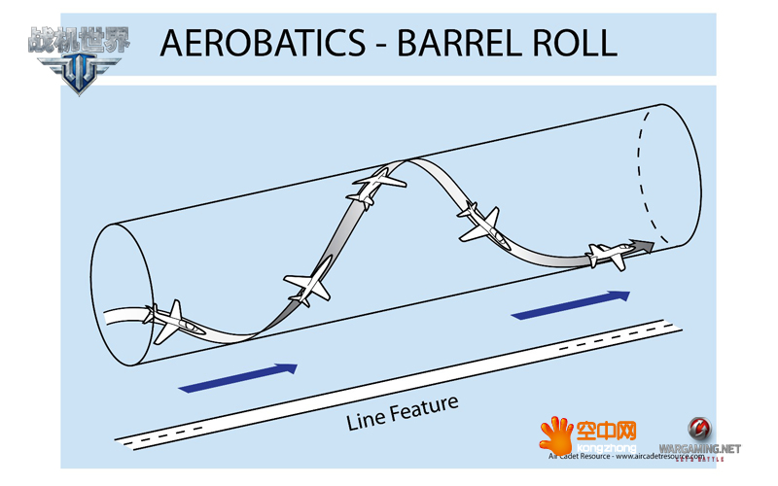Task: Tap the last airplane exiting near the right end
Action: pyautogui.click(x=610, y=255)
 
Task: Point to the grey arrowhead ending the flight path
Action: pyautogui.click(x=642, y=245)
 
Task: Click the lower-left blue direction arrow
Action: pyautogui.click(x=238, y=377)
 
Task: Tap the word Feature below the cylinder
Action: pyautogui.click(x=424, y=406)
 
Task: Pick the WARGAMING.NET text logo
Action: pyautogui.click(x=699, y=448)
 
